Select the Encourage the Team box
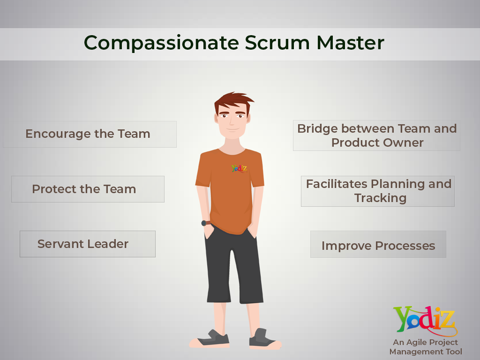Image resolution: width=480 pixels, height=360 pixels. pos(90,134)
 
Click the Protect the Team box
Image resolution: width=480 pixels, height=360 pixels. pos(88,189)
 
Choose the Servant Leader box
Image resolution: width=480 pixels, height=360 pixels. pos(87,244)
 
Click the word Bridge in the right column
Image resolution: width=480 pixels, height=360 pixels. pos(317,128)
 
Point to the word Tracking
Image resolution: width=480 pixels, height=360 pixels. pos(380,198)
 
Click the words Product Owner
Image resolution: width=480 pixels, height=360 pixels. pos(377,142)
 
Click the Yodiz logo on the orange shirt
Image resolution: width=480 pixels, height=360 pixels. pos(239,168)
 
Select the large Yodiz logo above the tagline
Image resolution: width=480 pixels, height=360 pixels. pos(424,321)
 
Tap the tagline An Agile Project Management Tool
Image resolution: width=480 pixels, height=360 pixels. pos(426,347)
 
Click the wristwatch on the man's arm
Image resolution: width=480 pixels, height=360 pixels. pos(204,223)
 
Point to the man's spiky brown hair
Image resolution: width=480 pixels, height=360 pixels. pos(233,100)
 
